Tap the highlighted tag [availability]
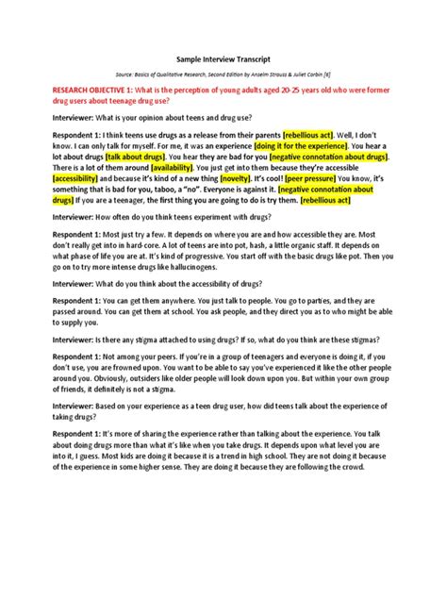[x=159, y=174]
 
